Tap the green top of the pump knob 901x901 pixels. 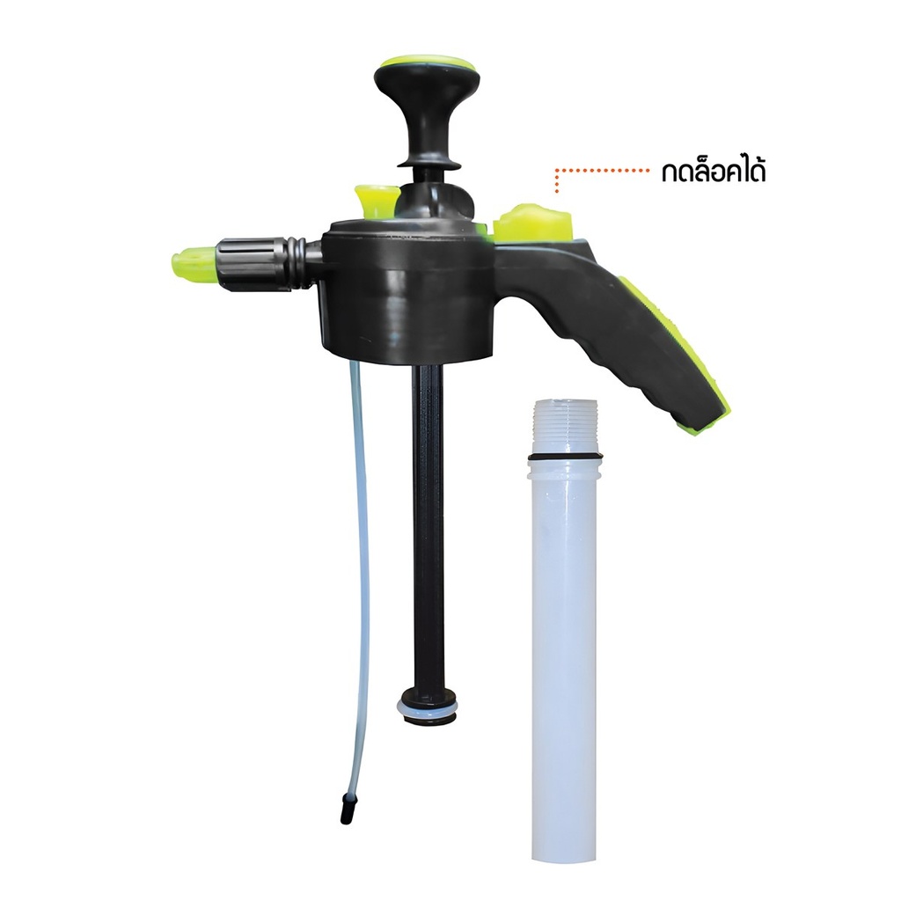pos(421,62)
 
